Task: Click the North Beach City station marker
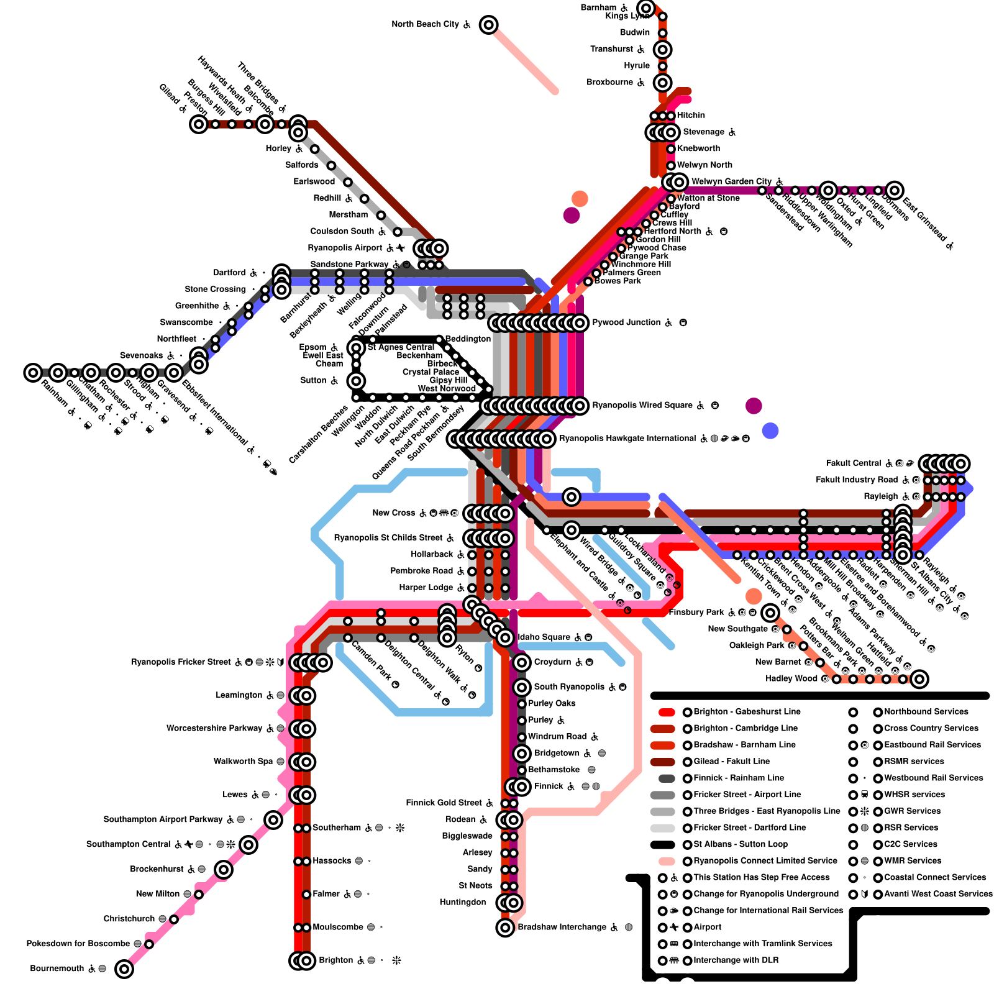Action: (489, 25)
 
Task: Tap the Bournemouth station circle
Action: (124, 969)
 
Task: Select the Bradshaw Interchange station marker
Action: (505, 928)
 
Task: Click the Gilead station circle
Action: (199, 124)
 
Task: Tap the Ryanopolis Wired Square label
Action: (642, 405)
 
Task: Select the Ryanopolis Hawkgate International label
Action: (627, 439)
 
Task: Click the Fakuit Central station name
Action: (853, 463)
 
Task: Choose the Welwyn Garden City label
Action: (731, 181)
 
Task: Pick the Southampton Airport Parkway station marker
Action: (273, 820)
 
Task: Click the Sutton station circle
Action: (357, 381)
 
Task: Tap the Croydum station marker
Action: (522, 662)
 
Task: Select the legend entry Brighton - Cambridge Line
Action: (745, 728)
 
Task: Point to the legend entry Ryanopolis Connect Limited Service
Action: (765, 861)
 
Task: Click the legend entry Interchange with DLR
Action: (736, 960)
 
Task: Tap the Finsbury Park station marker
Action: (770, 613)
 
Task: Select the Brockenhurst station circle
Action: (224, 869)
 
